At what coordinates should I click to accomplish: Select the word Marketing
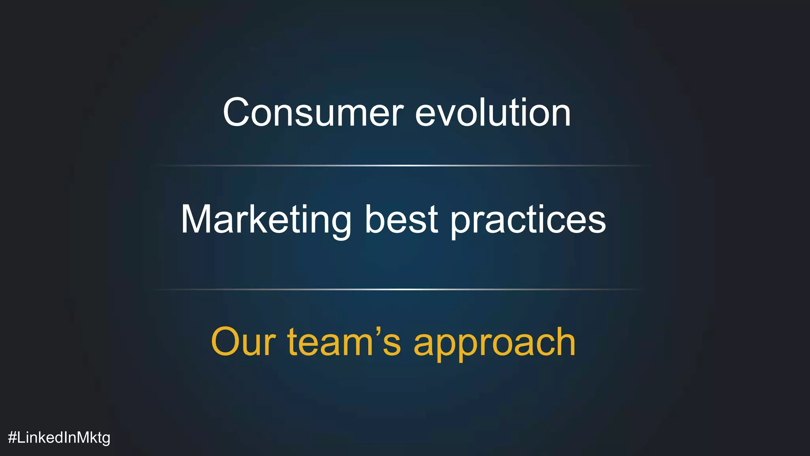pyautogui.click(x=266, y=220)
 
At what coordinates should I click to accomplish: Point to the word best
pyautogui.click(x=401, y=220)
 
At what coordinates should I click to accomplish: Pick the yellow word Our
pyautogui.click(x=243, y=342)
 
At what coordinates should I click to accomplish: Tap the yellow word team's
pyautogui.click(x=344, y=342)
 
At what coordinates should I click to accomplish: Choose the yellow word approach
pyautogui.click(x=494, y=343)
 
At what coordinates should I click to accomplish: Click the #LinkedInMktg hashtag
pyautogui.click(x=59, y=438)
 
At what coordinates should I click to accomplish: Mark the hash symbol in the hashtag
pyautogui.click(x=12, y=437)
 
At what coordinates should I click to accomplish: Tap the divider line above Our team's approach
pyautogui.click(x=397, y=289)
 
